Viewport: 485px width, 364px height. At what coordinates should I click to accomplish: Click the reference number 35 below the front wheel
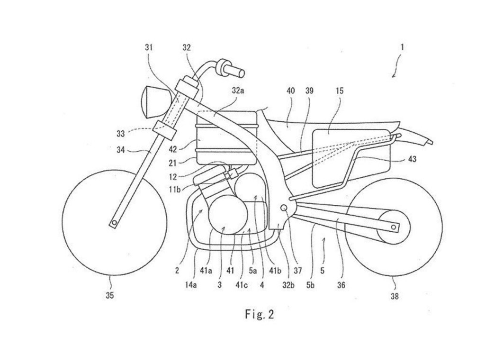[110, 296]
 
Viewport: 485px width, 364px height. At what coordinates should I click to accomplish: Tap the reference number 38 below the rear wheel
[394, 297]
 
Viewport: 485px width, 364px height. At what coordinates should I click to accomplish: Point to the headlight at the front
[150, 100]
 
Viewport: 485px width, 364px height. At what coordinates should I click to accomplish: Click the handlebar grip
[231, 69]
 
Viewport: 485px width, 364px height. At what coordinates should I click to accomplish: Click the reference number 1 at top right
[402, 47]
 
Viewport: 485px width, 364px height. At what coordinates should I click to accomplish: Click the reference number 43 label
[412, 159]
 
